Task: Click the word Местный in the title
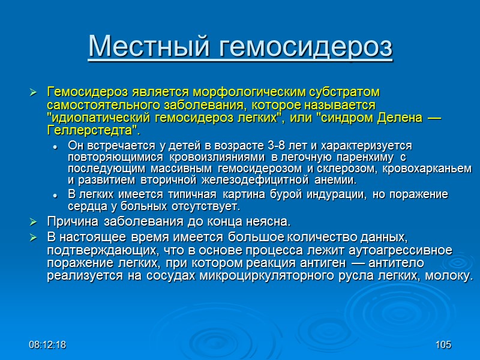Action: click(142, 47)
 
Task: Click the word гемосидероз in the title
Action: click(298, 47)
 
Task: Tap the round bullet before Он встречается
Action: click(55, 147)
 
